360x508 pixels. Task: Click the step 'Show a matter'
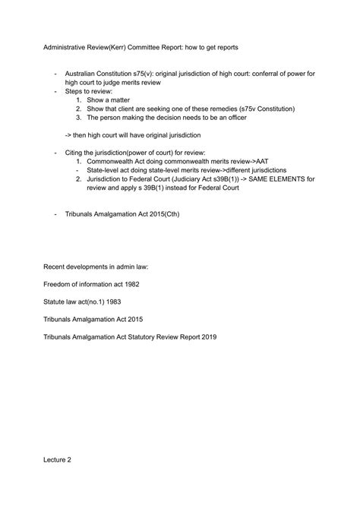tap(111, 99)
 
